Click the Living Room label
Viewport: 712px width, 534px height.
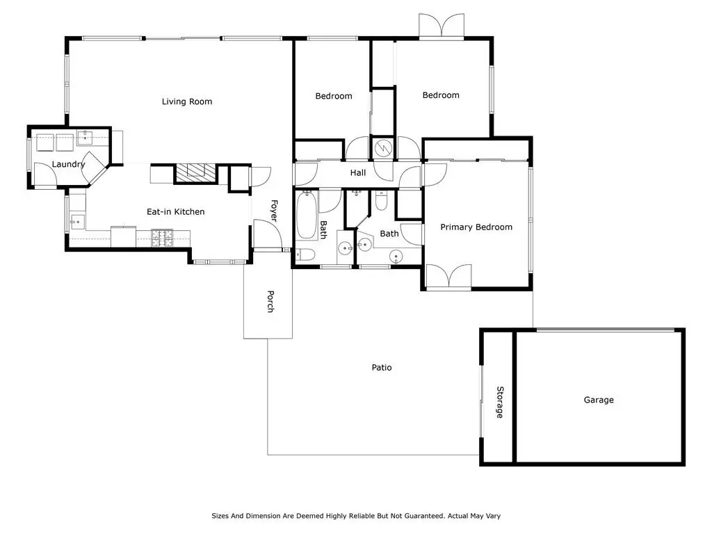pos(186,102)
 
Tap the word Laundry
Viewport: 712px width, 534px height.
pos(68,164)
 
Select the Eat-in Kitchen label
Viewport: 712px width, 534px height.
pos(175,211)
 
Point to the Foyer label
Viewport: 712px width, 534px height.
pos(274,211)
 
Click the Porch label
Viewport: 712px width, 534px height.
pos(270,302)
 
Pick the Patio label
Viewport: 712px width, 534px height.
pos(382,367)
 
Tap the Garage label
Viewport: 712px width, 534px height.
pos(599,400)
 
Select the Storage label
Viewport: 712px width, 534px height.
pos(500,403)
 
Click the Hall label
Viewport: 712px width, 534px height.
pos(358,173)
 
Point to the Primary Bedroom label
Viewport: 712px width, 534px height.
pos(476,227)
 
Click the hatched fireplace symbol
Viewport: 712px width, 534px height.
pos(195,173)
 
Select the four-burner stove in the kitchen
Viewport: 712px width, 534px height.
pos(162,238)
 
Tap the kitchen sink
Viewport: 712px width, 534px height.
pos(77,222)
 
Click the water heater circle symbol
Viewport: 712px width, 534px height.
pos(383,147)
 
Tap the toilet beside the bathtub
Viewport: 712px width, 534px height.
pos(305,254)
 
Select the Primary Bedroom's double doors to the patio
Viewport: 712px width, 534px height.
pos(449,276)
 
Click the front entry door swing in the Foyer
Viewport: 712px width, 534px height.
pos(268,234)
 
